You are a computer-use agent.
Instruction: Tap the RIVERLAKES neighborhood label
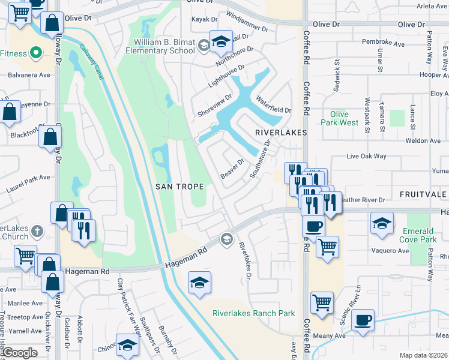click(281, 132)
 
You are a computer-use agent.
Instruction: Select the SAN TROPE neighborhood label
click(180, 187)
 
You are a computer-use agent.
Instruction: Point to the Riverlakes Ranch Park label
click(254, 313)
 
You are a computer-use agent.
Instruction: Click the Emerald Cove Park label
click(418, 235)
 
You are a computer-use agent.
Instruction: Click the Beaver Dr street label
click(232, 168)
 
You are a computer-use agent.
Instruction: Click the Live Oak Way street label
click(366, 156)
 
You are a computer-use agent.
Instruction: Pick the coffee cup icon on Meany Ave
click(363, 320)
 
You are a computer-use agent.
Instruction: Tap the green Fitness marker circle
click(35, 53)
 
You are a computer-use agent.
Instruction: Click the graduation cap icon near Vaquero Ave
click(382, 223)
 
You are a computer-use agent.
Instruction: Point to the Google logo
click(20, 353)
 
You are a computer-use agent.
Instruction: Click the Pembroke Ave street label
click(384, 43)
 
